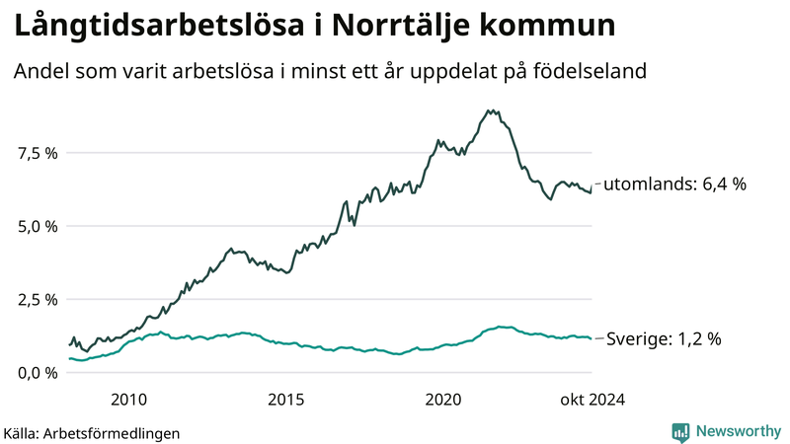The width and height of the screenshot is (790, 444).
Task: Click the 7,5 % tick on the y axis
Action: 38,153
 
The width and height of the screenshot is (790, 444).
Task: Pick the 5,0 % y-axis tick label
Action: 38,226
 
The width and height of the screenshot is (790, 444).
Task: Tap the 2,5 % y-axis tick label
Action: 38,299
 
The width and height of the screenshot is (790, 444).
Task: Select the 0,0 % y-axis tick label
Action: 38,372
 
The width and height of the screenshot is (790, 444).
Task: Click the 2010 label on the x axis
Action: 129,400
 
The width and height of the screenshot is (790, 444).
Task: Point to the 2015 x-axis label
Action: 286,400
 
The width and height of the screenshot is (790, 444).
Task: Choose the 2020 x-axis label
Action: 443,400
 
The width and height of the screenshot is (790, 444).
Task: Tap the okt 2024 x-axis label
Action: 593,400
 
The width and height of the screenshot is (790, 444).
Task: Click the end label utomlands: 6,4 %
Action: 673,184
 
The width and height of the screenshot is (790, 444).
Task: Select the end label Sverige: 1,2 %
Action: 662,338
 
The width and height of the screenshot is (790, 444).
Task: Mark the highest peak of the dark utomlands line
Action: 490,111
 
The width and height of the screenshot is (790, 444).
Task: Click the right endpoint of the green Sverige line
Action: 592,338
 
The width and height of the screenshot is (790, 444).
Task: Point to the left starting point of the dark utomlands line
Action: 68,344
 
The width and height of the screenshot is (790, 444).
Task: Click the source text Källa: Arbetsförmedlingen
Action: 92,432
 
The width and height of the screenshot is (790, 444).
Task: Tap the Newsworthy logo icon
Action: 680,431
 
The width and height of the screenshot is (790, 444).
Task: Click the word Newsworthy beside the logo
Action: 737,431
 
